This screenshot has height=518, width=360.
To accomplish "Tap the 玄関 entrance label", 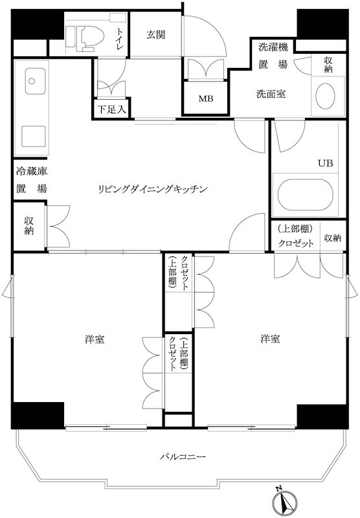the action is point(156,35).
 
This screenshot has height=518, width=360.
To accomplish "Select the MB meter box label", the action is point(205,98).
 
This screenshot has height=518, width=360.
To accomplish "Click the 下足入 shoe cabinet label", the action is point(112,109).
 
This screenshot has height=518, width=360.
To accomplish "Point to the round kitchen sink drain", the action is point(32,81).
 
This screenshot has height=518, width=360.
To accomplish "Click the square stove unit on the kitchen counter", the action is point(34,137).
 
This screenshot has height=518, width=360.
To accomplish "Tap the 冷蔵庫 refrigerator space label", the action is point(32,171).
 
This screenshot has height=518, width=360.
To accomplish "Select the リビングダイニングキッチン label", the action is point(153,189).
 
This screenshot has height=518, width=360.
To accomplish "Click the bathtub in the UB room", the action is point(304,195).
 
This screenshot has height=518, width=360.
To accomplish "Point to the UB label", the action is point(325,163).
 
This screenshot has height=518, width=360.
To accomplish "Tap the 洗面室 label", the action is point(271,94).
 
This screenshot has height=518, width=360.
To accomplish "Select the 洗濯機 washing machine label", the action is point(273,47).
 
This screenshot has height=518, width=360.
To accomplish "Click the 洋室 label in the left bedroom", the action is point(95,339).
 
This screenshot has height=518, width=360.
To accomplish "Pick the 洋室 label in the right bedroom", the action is point(270,339).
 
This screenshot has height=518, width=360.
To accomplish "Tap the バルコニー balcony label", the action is point(183,456).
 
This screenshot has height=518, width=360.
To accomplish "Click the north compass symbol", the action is point(285,500).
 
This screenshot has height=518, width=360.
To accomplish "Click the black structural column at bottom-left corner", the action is point(38,415).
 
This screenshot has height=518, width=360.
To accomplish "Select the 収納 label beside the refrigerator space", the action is point(28,226).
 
